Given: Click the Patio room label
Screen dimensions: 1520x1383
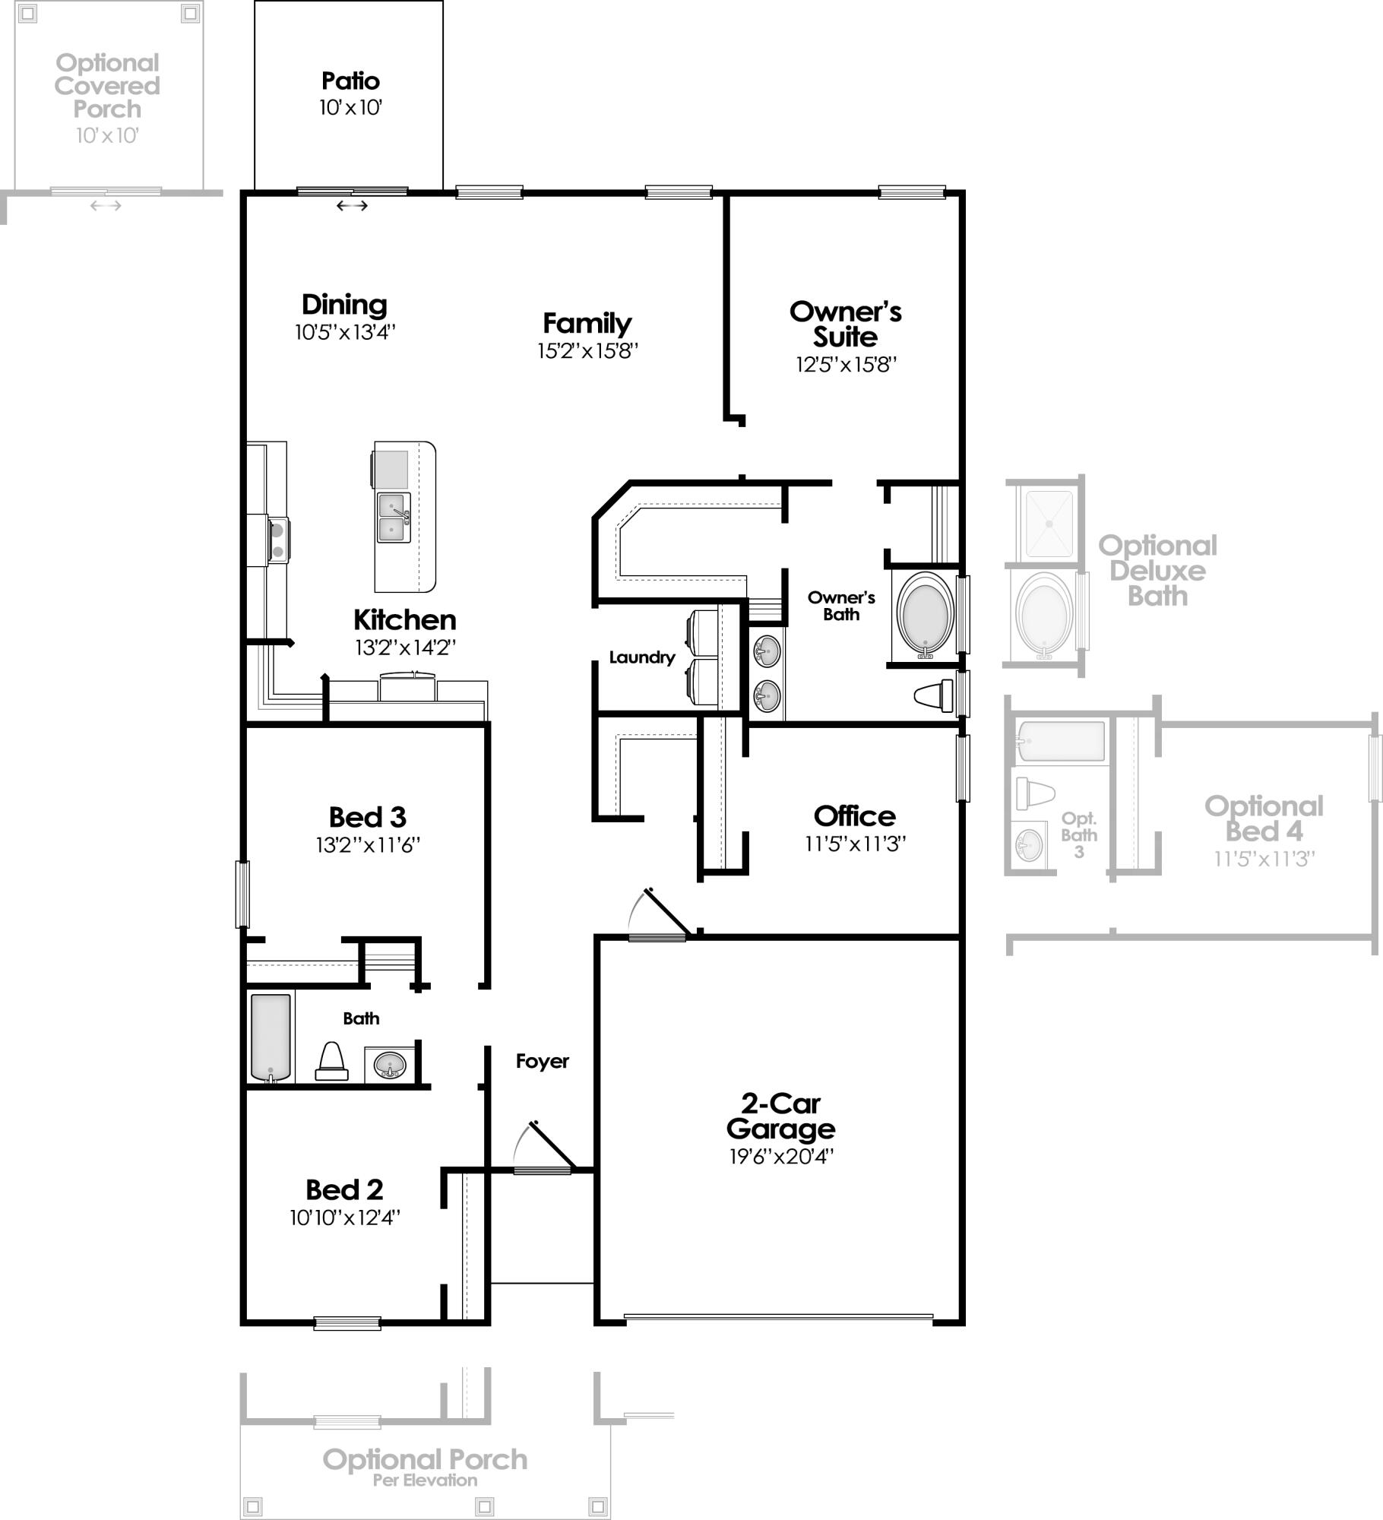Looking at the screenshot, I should tap(350, 81).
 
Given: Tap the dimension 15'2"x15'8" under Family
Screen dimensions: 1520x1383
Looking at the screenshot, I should tap(587, 350).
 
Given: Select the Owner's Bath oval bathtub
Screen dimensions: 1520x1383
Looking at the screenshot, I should tap(925, 616).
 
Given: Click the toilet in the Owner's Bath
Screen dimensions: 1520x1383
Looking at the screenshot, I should tap(935, 695).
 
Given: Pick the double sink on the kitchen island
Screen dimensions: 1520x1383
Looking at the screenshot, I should tap(394, 518).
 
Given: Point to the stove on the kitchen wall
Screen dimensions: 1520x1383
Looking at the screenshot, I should tap(278, 540).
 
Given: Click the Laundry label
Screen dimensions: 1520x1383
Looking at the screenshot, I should tap(642, 657).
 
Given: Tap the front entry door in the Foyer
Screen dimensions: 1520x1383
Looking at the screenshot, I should tap(542, 1170).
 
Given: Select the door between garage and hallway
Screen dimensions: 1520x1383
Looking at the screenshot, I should tap(658, 938).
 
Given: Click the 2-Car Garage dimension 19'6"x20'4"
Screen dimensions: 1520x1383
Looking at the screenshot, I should tap(781, 1156).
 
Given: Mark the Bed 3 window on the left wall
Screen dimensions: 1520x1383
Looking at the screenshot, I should tap(242, 894).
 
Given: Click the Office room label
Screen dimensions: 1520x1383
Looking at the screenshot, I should tap(855, 816).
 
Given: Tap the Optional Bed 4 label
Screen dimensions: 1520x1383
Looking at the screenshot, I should tap(1264, 819).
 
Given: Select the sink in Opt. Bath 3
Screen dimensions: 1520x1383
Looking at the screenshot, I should tap(1029, 845).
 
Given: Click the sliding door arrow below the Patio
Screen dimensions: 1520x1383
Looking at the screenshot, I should tap(352, 205).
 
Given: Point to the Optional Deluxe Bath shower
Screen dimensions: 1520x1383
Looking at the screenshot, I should tap(1049, 524).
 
